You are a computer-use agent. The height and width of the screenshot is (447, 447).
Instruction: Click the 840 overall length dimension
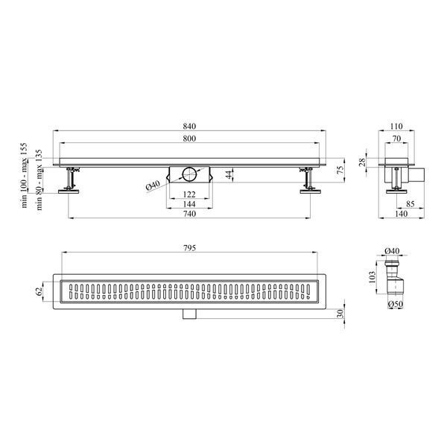coord(189,126)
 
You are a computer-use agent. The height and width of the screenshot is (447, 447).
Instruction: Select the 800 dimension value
coord(189,139)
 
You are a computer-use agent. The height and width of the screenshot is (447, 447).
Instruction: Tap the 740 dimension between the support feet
coord(189,214)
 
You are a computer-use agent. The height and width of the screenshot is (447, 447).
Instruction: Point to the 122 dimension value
coord(189,194)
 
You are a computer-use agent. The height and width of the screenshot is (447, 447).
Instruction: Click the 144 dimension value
coord(189,204)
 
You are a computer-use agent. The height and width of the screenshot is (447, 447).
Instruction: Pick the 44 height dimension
coord(229,174)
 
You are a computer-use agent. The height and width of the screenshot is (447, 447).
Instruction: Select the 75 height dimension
coord(340,170)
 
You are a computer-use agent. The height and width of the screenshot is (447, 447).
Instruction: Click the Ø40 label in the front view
coord(153,186)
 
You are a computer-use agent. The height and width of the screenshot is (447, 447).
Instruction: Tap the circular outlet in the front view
coord(189,174)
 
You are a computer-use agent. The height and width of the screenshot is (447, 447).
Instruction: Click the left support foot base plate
coord(69,191)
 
